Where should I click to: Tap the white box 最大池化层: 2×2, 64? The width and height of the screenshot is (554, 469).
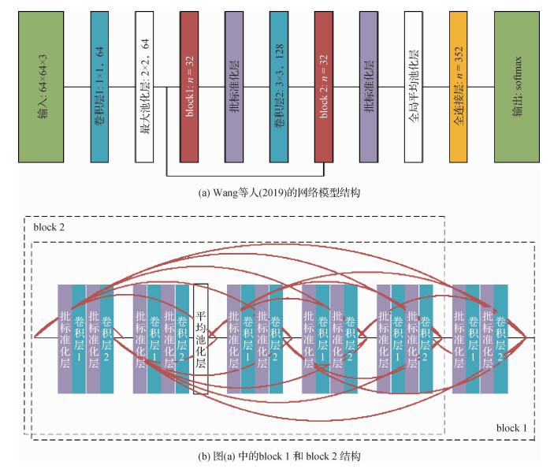[144, 87]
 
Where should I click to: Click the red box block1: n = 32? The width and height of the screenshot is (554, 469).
[189, 87]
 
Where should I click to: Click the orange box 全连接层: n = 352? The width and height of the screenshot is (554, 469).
[460, 87]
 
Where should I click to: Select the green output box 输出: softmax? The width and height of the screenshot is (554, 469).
[517, 87]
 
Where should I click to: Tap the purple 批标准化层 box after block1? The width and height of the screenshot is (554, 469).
[235, 87]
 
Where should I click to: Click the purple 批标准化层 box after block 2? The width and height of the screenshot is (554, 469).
[370, 87]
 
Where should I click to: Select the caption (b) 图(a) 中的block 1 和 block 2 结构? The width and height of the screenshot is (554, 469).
[278, 456]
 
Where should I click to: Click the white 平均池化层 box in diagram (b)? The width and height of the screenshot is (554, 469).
[200, 337]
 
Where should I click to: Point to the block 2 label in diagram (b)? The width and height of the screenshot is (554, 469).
[50, 227]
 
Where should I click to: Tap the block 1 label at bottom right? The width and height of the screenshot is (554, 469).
[513, 428]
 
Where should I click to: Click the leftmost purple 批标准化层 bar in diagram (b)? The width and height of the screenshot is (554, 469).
[65, 337]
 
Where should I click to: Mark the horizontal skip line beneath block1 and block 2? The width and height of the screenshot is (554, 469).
[245, 175]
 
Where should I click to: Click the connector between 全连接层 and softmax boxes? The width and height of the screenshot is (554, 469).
[483, 87]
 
